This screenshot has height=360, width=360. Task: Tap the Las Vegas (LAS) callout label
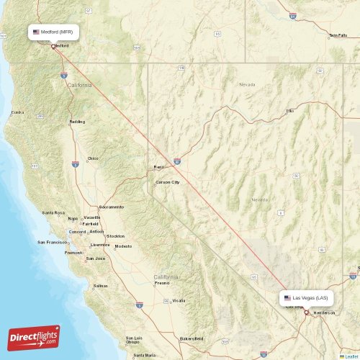pyautogui.click(x=306, y=297)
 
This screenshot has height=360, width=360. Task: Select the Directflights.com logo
pyautogui.click(x=35, y=337)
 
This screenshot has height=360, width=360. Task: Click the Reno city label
pyautogui.click(x=159, y=167)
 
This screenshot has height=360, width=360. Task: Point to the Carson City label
pyautogui.click(x=167, y=182)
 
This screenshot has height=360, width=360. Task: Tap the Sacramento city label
pyautogui.click(x=112, y=207)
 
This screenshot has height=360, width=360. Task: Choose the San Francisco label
pyautogui.click(x=53, y=242)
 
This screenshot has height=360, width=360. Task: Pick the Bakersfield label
pyautogui.click(x=191, y=338)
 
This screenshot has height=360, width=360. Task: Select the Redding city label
pyautogui.click(x=76, y=122)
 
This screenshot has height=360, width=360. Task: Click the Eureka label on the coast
pyautogui.click(x=17, y=112)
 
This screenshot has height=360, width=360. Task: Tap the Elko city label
pyautogui.click(x=291, y=111)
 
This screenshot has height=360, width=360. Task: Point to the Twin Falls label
pyautogui.click(x=338, y=35)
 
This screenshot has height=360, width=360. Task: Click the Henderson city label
pyautogui.click(x=324, y=312)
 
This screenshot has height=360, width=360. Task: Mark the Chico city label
pyautogui.click(x=93, y=158)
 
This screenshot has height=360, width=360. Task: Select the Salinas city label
pyautogui.click(x=101, y=286)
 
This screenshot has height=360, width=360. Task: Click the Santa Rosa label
pyautogui.click(x=53, y=212)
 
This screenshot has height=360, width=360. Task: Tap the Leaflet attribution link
pyautogui.click(x=351, y=356)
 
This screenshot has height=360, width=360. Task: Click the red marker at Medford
pyautogui.click(x=53, y=47)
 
